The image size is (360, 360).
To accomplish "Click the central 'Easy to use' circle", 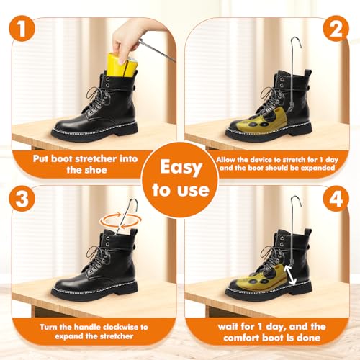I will pos(180,179).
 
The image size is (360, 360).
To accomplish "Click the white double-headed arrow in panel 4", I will pos(291,273).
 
